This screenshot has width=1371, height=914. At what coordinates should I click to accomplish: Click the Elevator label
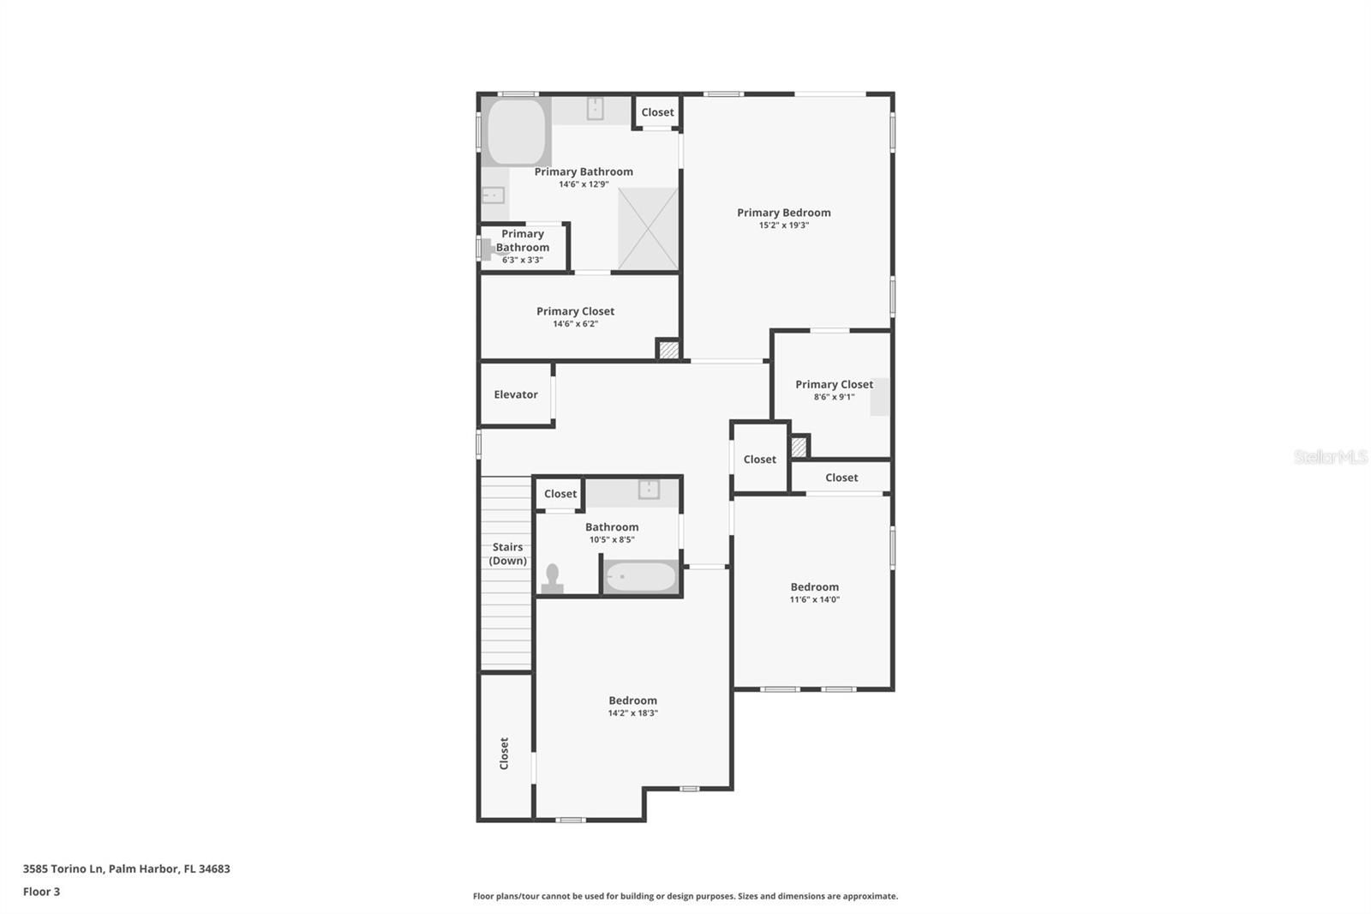click(515, 394)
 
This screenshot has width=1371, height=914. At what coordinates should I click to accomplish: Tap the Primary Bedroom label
click(783, 213)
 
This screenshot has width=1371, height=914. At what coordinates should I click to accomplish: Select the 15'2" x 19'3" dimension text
click(783, 225)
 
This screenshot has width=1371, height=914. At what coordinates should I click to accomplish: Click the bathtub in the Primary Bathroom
click(516, 132)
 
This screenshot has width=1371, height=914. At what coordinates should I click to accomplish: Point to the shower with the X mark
click(648, 229)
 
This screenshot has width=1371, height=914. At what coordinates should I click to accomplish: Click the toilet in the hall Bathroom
click(553, 578)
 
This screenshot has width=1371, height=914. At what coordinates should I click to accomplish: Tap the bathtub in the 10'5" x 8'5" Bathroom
click(640, 576)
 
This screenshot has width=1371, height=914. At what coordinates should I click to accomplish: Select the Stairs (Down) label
click(507, 554)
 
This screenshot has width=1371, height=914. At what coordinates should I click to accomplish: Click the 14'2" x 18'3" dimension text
click(632, 713)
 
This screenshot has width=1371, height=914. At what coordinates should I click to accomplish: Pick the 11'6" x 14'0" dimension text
click(814, 599)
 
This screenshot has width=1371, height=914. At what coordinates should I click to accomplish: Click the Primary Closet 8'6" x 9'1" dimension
click(834, 397)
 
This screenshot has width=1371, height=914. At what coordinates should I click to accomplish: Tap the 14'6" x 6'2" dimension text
click(575, 324)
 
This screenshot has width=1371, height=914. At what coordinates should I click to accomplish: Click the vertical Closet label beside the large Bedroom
click(504, 753)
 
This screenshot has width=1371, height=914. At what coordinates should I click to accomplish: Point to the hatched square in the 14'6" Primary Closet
click(669, 350)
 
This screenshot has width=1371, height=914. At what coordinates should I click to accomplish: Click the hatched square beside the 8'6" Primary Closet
click(799, 447)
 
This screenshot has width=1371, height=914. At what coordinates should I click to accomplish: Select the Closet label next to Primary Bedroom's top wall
click(657, 112)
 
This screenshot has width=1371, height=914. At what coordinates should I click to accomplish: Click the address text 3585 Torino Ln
click(63, 869)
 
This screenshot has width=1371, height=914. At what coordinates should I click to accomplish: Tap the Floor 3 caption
click(42, 892)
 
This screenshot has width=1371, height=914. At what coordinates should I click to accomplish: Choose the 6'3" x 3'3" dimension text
click(522, 261)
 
